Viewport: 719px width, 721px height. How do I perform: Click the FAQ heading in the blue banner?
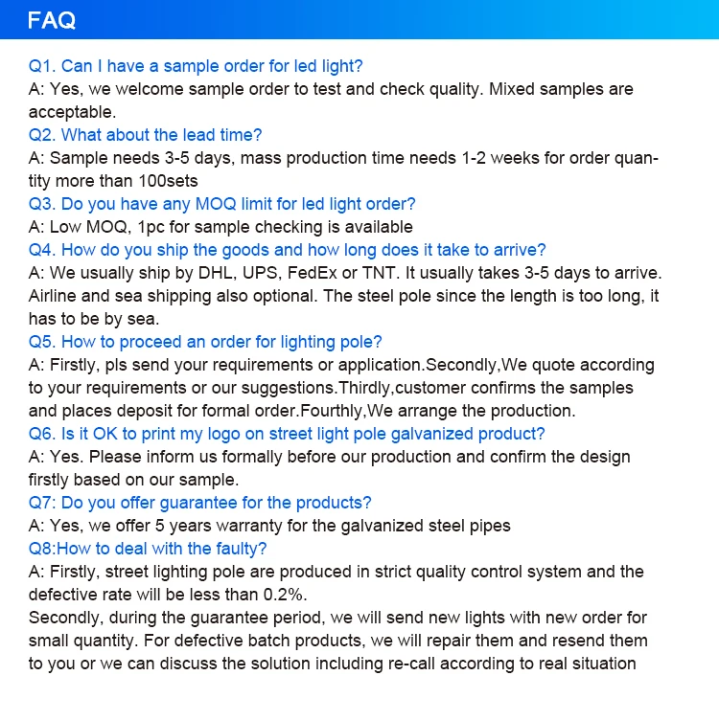point(53,20)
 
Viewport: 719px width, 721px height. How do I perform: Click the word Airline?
point(57,296)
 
